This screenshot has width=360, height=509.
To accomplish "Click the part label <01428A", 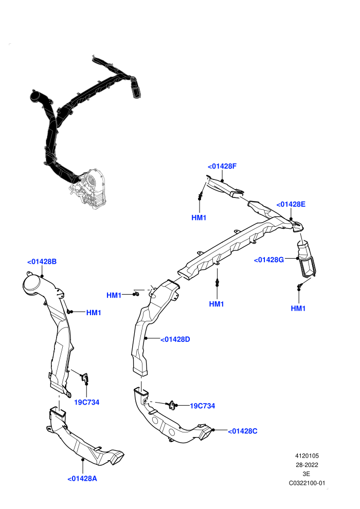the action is tap(82, 479).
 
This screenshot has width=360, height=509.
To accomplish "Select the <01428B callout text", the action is tap(42, 262).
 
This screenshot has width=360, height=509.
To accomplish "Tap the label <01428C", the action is tap(243, 431).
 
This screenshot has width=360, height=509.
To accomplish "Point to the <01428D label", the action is tap(175, 339).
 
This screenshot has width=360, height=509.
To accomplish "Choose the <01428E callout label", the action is tap(291, 204).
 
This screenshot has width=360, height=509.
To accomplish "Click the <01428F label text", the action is tap(222, 166).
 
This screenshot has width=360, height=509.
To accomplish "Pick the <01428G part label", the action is tap(269, 260).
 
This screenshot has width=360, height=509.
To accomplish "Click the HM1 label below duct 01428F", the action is tap(199, 217).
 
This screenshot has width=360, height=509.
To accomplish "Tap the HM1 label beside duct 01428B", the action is tap(94, 313).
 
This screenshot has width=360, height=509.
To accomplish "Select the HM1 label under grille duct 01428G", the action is tap(298, 308).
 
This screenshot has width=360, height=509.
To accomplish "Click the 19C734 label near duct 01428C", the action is tap(202, 406).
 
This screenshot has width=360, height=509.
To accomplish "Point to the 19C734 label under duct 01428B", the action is tap(87, 402).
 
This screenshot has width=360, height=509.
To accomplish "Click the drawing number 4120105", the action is tap(307, 456).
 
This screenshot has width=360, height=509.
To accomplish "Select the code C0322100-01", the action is tap(307, 483).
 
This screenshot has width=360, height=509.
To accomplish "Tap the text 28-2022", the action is tap(307, 465).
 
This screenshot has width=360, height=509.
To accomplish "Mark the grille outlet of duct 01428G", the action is tap(308, 267).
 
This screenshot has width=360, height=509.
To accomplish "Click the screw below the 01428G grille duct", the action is tap(299, 286).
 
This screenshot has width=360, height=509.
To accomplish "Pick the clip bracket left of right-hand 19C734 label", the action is tap(171, 405).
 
